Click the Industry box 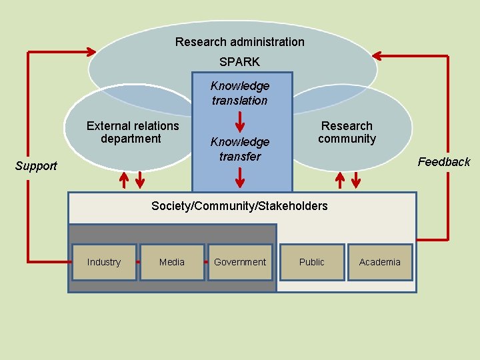click(103, 262)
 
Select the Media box click(172, 262)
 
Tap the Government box click(240, 262)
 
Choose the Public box click(311, 262)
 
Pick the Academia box click(379, 262)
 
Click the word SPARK click(239, 61)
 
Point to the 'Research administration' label click(239, 42)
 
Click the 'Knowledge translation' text click(239, 93)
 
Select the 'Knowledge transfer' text click(239, 149)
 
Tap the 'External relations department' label click(133, 132)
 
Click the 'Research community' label click(347, 132)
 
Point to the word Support click(36, 166)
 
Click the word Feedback click(443, 162)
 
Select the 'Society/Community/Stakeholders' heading click(239, 206)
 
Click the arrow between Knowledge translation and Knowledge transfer click(240, 122)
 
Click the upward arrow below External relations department click(124, 180)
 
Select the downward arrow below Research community click(356, 180)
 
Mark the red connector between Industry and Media click(138, 262)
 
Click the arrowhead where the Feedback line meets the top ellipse click(378, 56)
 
